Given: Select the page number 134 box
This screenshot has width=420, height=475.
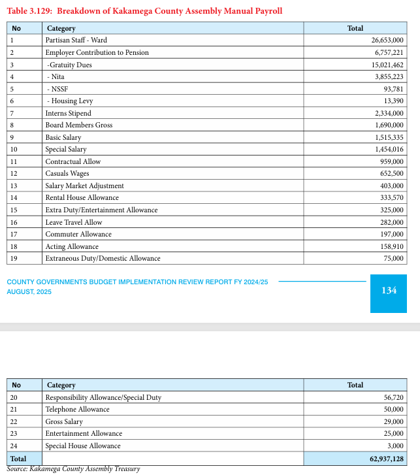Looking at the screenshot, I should (388, 290).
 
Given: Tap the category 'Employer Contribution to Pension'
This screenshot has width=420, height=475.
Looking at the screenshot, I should (97, 52).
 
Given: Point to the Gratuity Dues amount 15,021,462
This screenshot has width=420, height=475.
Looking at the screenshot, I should (387, 65).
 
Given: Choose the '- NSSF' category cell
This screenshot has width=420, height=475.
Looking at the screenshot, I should (57, 89).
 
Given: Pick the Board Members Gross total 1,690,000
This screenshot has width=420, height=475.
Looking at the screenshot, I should (389, 125).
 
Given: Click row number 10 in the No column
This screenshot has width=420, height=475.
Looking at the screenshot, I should (14, 150).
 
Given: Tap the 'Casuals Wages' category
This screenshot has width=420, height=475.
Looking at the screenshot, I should (67, 174).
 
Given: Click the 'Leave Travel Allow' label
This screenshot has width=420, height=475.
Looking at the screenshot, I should (73, 222).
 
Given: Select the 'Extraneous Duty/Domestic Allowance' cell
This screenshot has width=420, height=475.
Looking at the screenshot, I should (103, 259).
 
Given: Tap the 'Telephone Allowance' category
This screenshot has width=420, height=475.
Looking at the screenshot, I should (77, 410).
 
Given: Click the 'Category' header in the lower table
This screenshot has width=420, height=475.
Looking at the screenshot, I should (61, 385).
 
